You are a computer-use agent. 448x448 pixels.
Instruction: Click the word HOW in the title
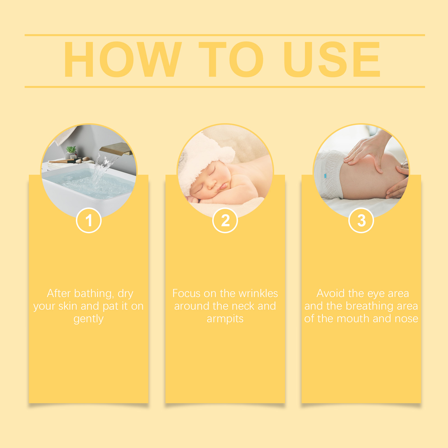tap(123, 59)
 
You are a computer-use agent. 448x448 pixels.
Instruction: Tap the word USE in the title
tap(332, 59)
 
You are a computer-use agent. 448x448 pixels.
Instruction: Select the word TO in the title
tap(231, 59)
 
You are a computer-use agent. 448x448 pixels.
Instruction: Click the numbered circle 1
tap(88, 220)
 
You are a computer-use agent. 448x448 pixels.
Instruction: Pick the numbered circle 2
tap(225, 220)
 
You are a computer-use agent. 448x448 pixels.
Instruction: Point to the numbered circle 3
tap(361, 220)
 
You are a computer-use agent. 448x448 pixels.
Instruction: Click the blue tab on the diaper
tap(325, 176)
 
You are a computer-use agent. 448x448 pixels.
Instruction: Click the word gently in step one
tap(88, 319)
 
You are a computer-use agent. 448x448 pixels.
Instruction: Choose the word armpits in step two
tap(225, 319)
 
